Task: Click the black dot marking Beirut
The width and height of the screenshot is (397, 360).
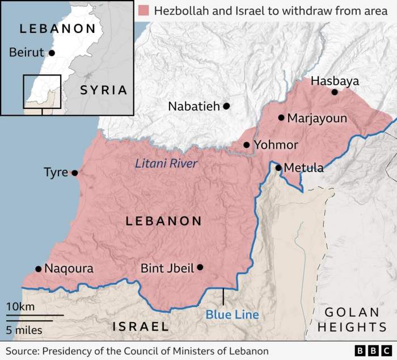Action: pyautogui.click(x=52, y=53)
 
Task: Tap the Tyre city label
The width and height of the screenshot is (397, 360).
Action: pyautogui.click(x=56, y=173)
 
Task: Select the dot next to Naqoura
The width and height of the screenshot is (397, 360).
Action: pyautogui.click(x=38, y=269)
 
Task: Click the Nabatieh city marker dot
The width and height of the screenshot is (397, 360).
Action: pyautogui.click(x=226, y=106)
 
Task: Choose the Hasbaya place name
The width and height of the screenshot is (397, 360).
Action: pyautogui.click(x=335, y=81)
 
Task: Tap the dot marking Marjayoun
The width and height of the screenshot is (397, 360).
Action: pyautogui.click(x=281, y=118)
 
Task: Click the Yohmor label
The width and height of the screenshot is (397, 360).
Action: pyautogui.click(x=276, y=145)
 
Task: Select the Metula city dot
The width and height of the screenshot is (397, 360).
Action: pyautogui.click(x=278, y=168)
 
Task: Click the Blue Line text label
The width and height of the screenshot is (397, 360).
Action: pyautogui.click(x=232, y=314)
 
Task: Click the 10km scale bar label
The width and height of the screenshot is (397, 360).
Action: pyautogui.click(x=20, y=307)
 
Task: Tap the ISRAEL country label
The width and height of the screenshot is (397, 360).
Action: pyautogui.click(x=141, y=326)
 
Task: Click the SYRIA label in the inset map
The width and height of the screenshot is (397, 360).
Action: pyautogui.click(x=103, y=90)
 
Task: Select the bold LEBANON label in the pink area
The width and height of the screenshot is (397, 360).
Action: pyautogui.click(x=163, y=221)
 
